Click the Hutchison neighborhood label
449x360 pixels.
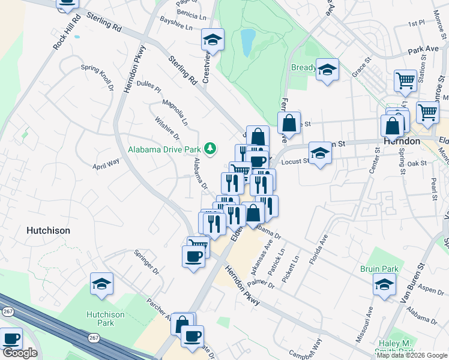coord(48,230)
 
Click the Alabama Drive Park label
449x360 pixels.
coord(164,148)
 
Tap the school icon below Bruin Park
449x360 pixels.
coord(384,285)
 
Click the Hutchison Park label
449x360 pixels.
coord(105,319)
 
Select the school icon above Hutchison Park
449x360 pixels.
coord(101,283)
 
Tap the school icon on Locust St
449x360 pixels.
coord(320,153)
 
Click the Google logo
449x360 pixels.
coord(20,353)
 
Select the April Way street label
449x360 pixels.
coord(106,163)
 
